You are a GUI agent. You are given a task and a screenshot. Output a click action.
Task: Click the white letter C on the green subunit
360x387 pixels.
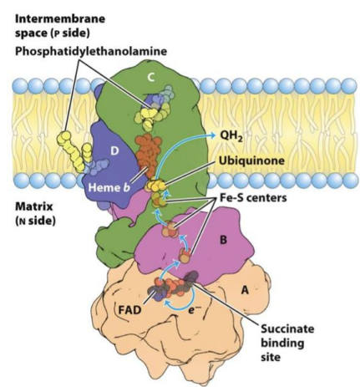pos(150,78)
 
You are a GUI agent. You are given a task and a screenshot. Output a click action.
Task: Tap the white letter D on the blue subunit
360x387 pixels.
pos(114,151)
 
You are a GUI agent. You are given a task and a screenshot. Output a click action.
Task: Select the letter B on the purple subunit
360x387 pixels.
pos(223,240)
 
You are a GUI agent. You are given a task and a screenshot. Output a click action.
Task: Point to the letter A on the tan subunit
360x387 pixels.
pos(245,290)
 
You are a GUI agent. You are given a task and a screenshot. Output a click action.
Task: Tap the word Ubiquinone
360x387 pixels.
pos(251,160)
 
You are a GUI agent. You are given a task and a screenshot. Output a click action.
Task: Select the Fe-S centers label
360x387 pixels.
pos(253,197)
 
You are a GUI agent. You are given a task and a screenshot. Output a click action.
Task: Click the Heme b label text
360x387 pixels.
pos(109,187)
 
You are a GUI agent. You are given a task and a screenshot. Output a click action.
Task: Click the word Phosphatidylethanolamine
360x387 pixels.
pos(91,51)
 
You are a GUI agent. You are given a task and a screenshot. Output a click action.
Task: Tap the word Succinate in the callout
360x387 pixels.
pos(287,328)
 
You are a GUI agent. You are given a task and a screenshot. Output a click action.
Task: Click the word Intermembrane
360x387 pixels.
pos(60,18)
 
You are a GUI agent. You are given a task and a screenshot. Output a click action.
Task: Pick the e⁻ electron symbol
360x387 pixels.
pos(191,310)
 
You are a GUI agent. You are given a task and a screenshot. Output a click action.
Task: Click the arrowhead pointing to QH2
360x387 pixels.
pos(213,135)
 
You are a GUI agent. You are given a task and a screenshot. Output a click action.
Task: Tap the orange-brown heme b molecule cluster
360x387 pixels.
pos(148,156)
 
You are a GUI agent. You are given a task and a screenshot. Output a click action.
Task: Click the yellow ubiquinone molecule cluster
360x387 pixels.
pos(156,186)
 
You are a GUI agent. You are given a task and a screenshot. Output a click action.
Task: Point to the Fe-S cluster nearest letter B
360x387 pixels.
pos(185,255)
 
